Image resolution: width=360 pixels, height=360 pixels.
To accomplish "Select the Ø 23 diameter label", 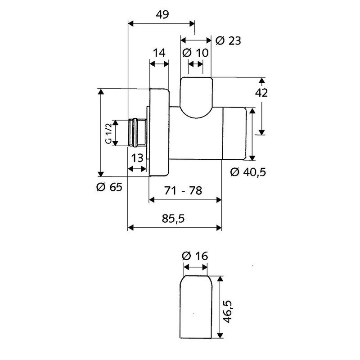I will coord(228,41).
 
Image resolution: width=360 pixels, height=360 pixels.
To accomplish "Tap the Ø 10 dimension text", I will coord(196,53).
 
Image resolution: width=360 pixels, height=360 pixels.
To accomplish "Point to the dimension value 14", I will coord(159,53).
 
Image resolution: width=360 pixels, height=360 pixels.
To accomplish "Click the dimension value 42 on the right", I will coord(261,93).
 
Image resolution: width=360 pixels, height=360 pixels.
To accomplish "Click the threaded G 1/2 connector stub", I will coord(137,133).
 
